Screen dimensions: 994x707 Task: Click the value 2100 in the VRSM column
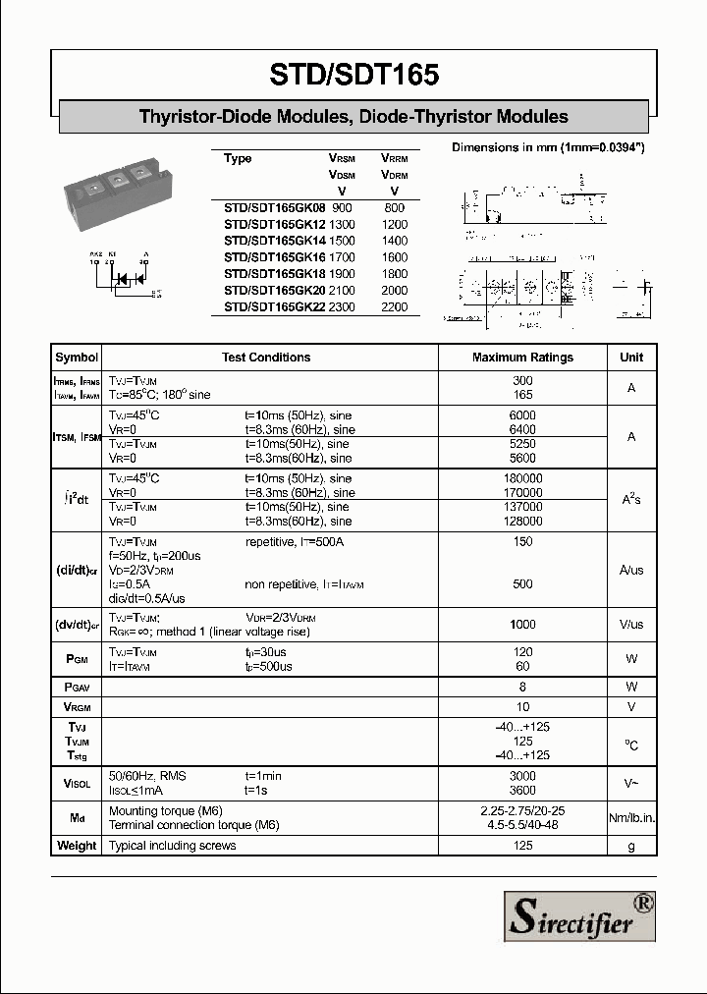point(342,290)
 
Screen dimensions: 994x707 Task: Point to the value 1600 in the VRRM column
point(395,257)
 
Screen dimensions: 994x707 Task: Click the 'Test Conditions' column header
point(266,358)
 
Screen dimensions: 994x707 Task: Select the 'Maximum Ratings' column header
point(522,358)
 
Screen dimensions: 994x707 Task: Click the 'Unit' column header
point(631,358)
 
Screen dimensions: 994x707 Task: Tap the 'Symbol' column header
point(77,358)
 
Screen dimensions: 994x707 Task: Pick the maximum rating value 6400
point(522,429)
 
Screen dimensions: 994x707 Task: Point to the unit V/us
point(631,624)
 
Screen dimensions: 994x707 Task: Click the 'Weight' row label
point(77,846)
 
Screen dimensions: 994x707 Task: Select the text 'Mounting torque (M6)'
point(166,811)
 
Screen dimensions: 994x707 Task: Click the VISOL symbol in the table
point(77,783)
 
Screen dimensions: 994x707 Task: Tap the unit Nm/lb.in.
point(631,818)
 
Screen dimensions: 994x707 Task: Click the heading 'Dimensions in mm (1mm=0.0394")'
point(547,147)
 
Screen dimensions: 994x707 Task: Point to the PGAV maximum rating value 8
point(522,687)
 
